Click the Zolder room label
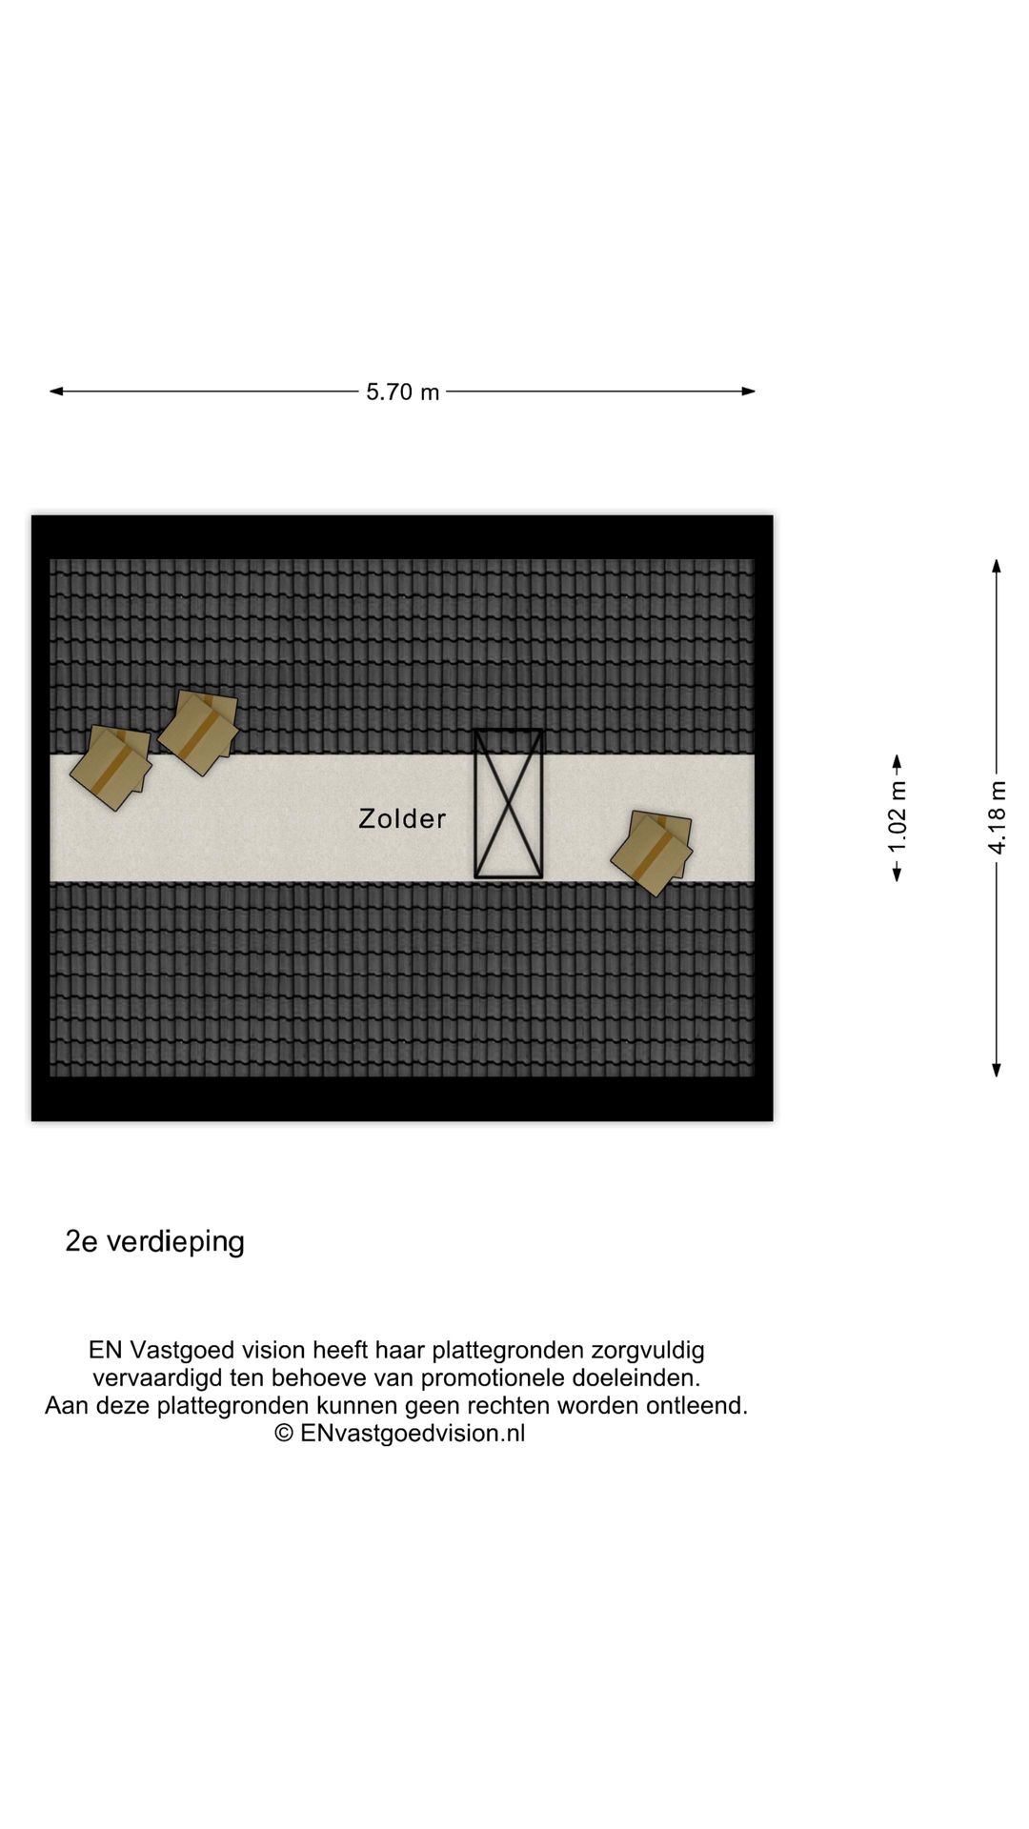402,819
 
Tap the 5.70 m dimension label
402,392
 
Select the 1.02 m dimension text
898,817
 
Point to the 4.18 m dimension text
997,817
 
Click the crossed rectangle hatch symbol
509,803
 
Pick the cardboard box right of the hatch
652,852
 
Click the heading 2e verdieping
154,1241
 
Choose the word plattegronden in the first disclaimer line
508,1350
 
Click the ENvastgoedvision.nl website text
413,1433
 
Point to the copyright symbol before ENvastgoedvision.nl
284,1434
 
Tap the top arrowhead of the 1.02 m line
897,761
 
